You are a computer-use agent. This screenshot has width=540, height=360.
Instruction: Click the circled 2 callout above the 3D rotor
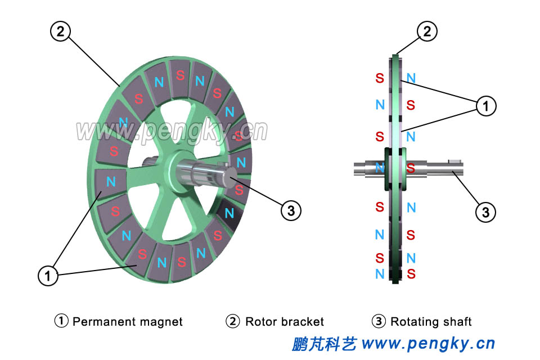point(60,31)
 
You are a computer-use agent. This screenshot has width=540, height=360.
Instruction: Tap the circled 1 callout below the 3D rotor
point(48,275)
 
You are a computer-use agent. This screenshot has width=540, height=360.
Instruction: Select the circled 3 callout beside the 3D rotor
point(291,211)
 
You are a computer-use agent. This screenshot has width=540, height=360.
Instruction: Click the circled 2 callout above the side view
point(427,31)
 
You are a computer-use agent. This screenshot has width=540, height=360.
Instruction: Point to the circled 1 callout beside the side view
point(485,105)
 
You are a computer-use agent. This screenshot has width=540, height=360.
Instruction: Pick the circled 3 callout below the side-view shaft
point(485,212)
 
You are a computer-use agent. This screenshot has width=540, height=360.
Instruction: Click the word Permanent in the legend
point(100,322)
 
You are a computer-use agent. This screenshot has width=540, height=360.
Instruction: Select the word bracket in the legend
point(303,322)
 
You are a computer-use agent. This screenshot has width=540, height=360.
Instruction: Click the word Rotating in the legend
point(415,322)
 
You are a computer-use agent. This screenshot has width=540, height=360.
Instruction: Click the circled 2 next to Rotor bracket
point(233,322)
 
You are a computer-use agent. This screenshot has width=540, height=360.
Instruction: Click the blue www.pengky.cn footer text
point(428,343)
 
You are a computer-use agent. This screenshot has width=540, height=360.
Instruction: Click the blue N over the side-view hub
point(380,168)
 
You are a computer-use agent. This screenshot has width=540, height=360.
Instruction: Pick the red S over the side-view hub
point(411,168)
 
